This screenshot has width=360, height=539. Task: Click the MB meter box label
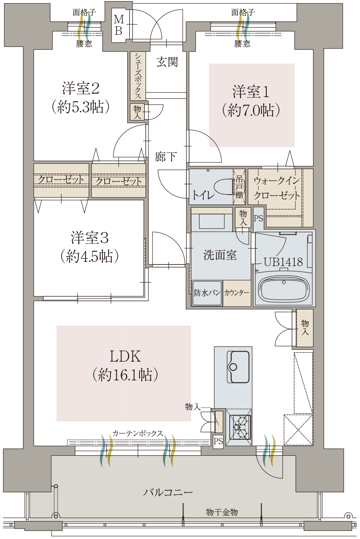(x=119, y=25)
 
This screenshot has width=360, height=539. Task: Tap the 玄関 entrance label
(x=167, y=62)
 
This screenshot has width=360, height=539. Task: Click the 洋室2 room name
(x=81, y=89)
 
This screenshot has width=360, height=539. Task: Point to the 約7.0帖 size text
(x=251, y=110)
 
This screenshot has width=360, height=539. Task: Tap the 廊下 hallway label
(x=166, y=157)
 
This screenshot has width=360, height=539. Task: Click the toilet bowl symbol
(x=224, y=187)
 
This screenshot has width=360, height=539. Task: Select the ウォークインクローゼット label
(x=277, y=188)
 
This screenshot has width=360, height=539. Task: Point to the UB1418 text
(x=283, y=262)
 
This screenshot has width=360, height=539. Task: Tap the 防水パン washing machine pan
(x=207, y=293)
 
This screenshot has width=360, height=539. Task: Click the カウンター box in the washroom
(x=237, y=293)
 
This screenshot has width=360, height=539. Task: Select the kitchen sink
(x=238, y=367)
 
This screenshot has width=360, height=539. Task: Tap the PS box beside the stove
(x=218, y=442)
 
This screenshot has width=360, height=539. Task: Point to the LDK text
(x=125, y=356)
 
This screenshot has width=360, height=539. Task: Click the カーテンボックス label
(x=138, y=433)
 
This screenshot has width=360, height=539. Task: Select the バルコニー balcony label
(x=168, y=492)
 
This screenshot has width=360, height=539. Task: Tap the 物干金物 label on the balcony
(x=222, y=512)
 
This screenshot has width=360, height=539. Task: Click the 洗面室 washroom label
(x=220, y=255)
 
